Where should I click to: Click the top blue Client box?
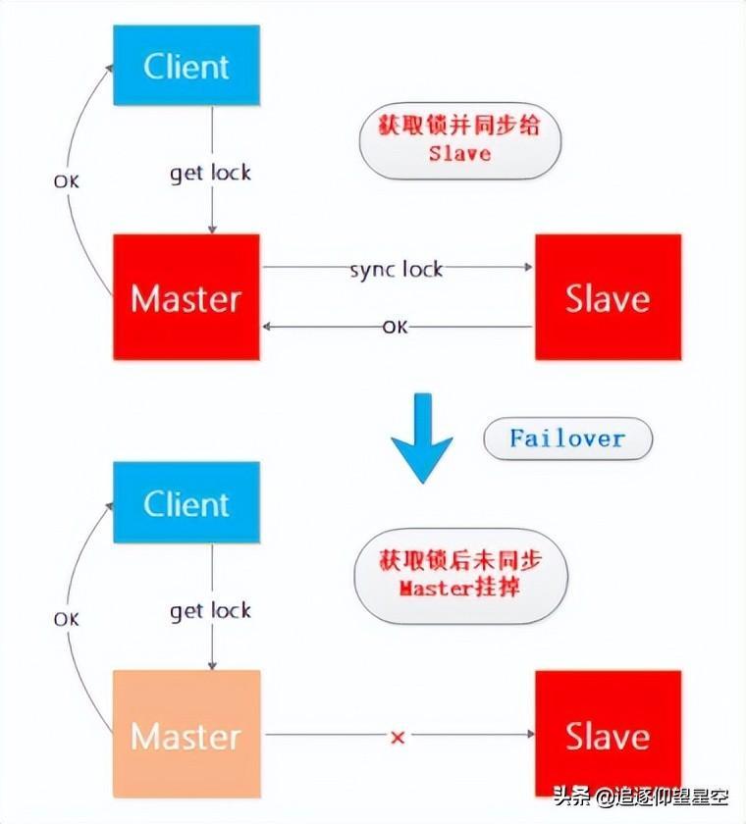click(x=186, y=66)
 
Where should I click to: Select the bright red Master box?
click(x=186, y=297)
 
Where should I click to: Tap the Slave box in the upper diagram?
click(x=608, y=297)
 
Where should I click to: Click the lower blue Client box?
click(x=186, y=503)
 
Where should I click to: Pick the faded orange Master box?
click(x=186, y=735)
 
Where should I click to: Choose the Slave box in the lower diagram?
click(x=608, y=735)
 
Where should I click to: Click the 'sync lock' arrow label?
click(x=397, y=268)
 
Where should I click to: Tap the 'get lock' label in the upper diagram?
click(x=210, y=173)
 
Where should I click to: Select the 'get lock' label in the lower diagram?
click(x=210, y=611)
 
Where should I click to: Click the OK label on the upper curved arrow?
click(x=66, y=181)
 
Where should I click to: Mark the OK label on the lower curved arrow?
click(x=66, y=619)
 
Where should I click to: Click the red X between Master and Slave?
click(x=398, y=737)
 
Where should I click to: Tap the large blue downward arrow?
click(x=422, y=437)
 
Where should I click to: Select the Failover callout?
click(x=567, y=438)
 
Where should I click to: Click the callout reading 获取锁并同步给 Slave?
click(x=459, y=139)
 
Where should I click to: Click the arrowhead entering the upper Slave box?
click(x=528, y=267)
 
